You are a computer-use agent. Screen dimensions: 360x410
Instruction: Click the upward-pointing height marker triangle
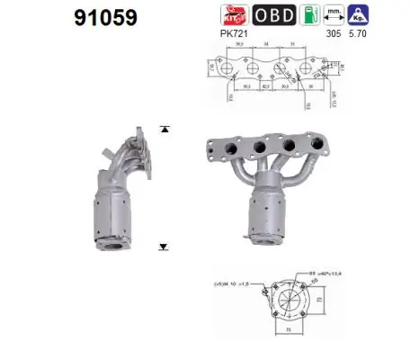(163, 129)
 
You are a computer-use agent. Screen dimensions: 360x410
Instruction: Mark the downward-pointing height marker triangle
(163, 245)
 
